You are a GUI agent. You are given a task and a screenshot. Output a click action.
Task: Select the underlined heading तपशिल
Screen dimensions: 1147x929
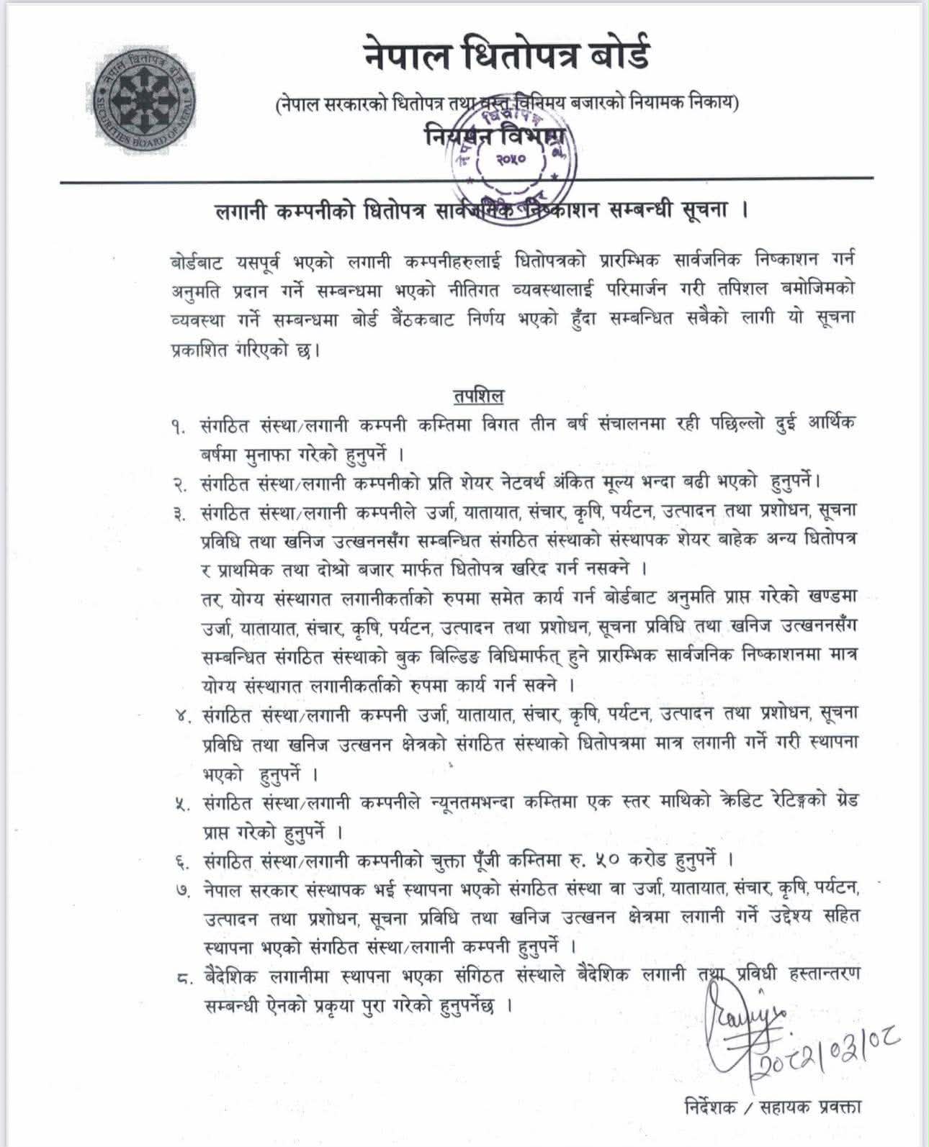tap(478, 396)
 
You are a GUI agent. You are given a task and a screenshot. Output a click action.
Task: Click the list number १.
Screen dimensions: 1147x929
tap(179, 427)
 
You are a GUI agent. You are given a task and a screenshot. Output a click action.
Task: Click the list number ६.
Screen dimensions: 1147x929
tap(179, 861)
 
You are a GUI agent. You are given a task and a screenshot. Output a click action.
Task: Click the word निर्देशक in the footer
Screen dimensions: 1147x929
tap(710, 1107)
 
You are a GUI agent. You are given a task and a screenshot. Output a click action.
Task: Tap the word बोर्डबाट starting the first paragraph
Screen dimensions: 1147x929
tap(198, 260)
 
